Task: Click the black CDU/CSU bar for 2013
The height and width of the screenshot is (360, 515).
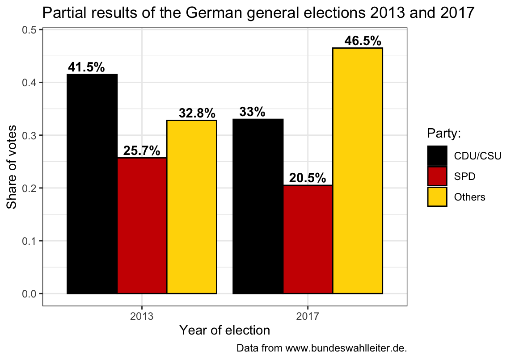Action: pos(92,184)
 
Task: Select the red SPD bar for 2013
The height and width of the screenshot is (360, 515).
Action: pos(142,226)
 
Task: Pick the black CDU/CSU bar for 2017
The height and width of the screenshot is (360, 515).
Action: pos(258,206)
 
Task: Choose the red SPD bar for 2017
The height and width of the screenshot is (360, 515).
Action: pos(308,239)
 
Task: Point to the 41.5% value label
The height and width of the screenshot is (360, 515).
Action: pos(86,67)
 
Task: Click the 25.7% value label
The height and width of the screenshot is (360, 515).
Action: pos(142,151)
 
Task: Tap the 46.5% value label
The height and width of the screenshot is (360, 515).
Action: pos(363,41)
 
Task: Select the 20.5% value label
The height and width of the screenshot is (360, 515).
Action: pos(308,178)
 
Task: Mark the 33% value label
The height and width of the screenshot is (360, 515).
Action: pos(252,112)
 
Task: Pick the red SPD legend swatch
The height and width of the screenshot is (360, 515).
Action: pos(437,176)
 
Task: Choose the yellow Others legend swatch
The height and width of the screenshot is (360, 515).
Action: pos(437,197)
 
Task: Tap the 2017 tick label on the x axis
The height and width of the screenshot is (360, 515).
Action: pos(308,317)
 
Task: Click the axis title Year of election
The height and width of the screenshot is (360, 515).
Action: pos(224,331)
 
